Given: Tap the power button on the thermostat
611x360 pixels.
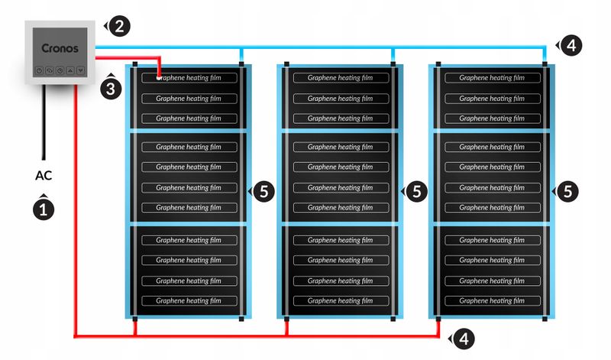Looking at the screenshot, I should (38, 70).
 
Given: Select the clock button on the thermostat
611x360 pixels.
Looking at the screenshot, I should (60, 70).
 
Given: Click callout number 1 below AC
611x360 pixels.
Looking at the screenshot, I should (44, 208).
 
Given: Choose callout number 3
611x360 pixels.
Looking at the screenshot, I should (111, 88).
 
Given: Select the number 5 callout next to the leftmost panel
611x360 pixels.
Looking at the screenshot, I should (263, 192).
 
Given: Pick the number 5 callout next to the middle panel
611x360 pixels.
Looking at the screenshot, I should (415, 192).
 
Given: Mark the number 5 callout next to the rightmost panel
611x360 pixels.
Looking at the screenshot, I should (566, 192).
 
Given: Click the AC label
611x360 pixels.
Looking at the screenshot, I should (44, 176).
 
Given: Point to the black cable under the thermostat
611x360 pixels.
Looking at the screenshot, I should (44, 122).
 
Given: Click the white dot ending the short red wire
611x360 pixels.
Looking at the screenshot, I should (158, 77).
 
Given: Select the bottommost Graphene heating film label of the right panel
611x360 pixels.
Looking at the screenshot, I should (490, 300).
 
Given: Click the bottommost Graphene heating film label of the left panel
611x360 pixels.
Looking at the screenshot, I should (188, 300).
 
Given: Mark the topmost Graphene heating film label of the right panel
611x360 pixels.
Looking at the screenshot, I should (490, 78).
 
